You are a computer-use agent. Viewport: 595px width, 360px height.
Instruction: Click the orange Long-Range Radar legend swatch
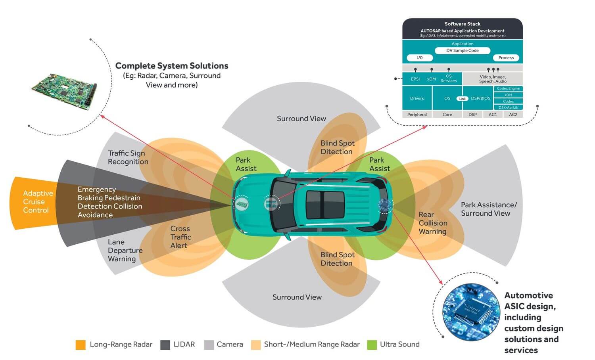(81, 345)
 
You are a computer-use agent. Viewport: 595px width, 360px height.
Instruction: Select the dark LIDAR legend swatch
(165, 345)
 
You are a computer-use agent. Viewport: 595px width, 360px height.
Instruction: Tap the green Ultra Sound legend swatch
(372, 345)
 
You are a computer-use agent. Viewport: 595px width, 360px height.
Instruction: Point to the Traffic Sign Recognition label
(128, 157)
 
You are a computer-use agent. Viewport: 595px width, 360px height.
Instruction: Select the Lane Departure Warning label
(125, 251)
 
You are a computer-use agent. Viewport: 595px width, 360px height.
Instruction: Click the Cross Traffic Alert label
(180, 237)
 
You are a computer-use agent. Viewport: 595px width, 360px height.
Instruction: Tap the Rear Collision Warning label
(433, 223)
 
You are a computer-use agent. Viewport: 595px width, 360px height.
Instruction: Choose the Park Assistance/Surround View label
(488, 209)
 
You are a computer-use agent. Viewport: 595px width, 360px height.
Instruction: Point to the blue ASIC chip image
(471, 312)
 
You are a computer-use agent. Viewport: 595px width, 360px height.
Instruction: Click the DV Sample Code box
(462, 51)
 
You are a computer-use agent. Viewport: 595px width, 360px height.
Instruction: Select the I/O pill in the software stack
(420, 58)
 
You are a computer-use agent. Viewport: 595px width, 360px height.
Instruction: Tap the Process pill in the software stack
(506, 58)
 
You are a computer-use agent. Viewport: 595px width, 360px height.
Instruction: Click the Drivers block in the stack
(417, 98)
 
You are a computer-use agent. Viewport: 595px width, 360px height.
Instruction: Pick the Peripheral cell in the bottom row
(417, 115)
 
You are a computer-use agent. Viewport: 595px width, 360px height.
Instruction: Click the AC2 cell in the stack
(513, 115)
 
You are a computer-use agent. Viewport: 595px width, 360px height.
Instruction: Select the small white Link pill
(462, 99)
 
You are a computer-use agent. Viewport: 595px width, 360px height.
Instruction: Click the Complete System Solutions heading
(172, 66)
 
